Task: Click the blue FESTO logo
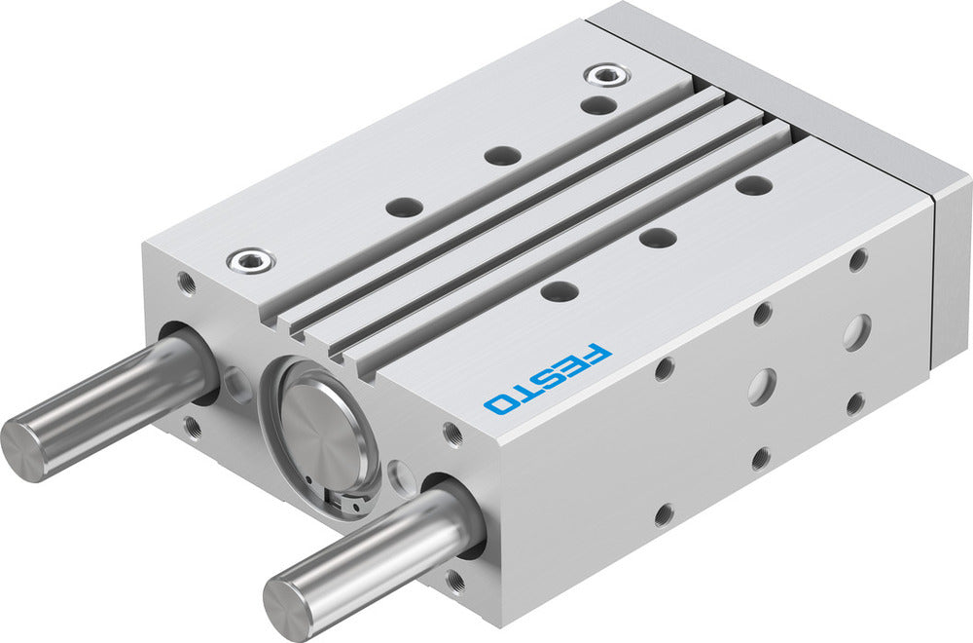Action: coord(549,377)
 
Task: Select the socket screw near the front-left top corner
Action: coord(250,260)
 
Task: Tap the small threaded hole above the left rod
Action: coord(185,283)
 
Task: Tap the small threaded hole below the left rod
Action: coord(192,424)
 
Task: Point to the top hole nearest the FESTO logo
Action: coord(558,290)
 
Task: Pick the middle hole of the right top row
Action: coord(658,237)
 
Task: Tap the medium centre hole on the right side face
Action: coord(761,387)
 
